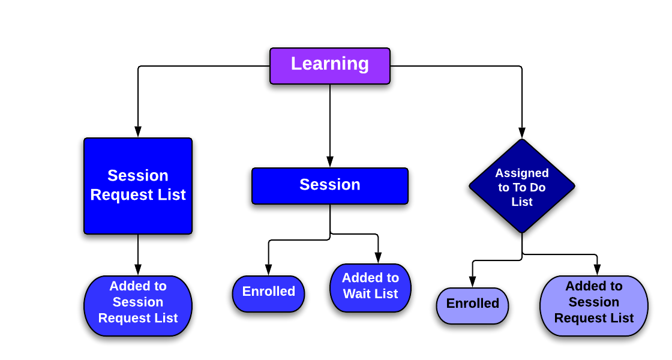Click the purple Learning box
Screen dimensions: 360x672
(x=329, y=66)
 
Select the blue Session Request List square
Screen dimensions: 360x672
(x=138, y=186)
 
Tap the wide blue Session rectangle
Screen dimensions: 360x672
(x=330, y=186)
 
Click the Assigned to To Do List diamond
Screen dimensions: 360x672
(x=522, y=187)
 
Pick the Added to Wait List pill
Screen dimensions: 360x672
(x=370, y=287)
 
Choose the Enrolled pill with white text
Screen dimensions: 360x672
(x=268, y=293)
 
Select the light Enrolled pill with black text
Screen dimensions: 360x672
(x=472, y=305)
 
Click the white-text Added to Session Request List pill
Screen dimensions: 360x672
(x=138, y=305)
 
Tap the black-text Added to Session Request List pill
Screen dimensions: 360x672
(x=593, y=305)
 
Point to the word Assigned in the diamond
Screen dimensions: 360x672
(x=522, y=173)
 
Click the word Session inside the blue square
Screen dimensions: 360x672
(x=138, y=176)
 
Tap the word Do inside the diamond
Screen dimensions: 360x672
(x=537, y=188)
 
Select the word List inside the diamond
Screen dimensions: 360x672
(x=522, y=202)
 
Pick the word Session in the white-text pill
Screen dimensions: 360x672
(x=138, y=302)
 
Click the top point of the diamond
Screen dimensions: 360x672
(x=522, y=142)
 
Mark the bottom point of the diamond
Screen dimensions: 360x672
(x=522, y=231)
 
